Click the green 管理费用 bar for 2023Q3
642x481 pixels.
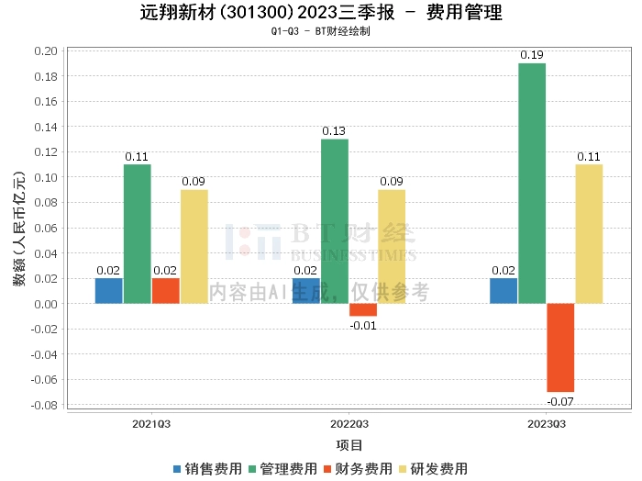(x=532, y=184)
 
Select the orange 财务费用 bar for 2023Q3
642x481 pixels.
(x=560, y=347)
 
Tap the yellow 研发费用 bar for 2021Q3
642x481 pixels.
(x=194, y=246)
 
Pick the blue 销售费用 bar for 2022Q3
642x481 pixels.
(x=306, y=290)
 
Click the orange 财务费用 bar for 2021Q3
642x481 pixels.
(x=166, y=290)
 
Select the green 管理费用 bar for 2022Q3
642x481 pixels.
(x=335, y=220)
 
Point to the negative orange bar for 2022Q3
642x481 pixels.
(x=363, y=309)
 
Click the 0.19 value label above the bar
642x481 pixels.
(x=532, y=55)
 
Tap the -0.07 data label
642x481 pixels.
(x=559, y=401)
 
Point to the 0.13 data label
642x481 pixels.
(x=335, y=131)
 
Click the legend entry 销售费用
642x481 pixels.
(x=207, y=469)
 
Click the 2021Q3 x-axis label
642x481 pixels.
(x=151, y=424)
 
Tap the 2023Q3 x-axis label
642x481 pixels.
(x=546, y=424)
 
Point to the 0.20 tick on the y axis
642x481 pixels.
(x=45, y=50)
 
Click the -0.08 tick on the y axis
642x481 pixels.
(x=43, y=405)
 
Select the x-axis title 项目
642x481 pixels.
(x=349, y=445)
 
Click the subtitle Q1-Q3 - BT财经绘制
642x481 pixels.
(x=320, y=31)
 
